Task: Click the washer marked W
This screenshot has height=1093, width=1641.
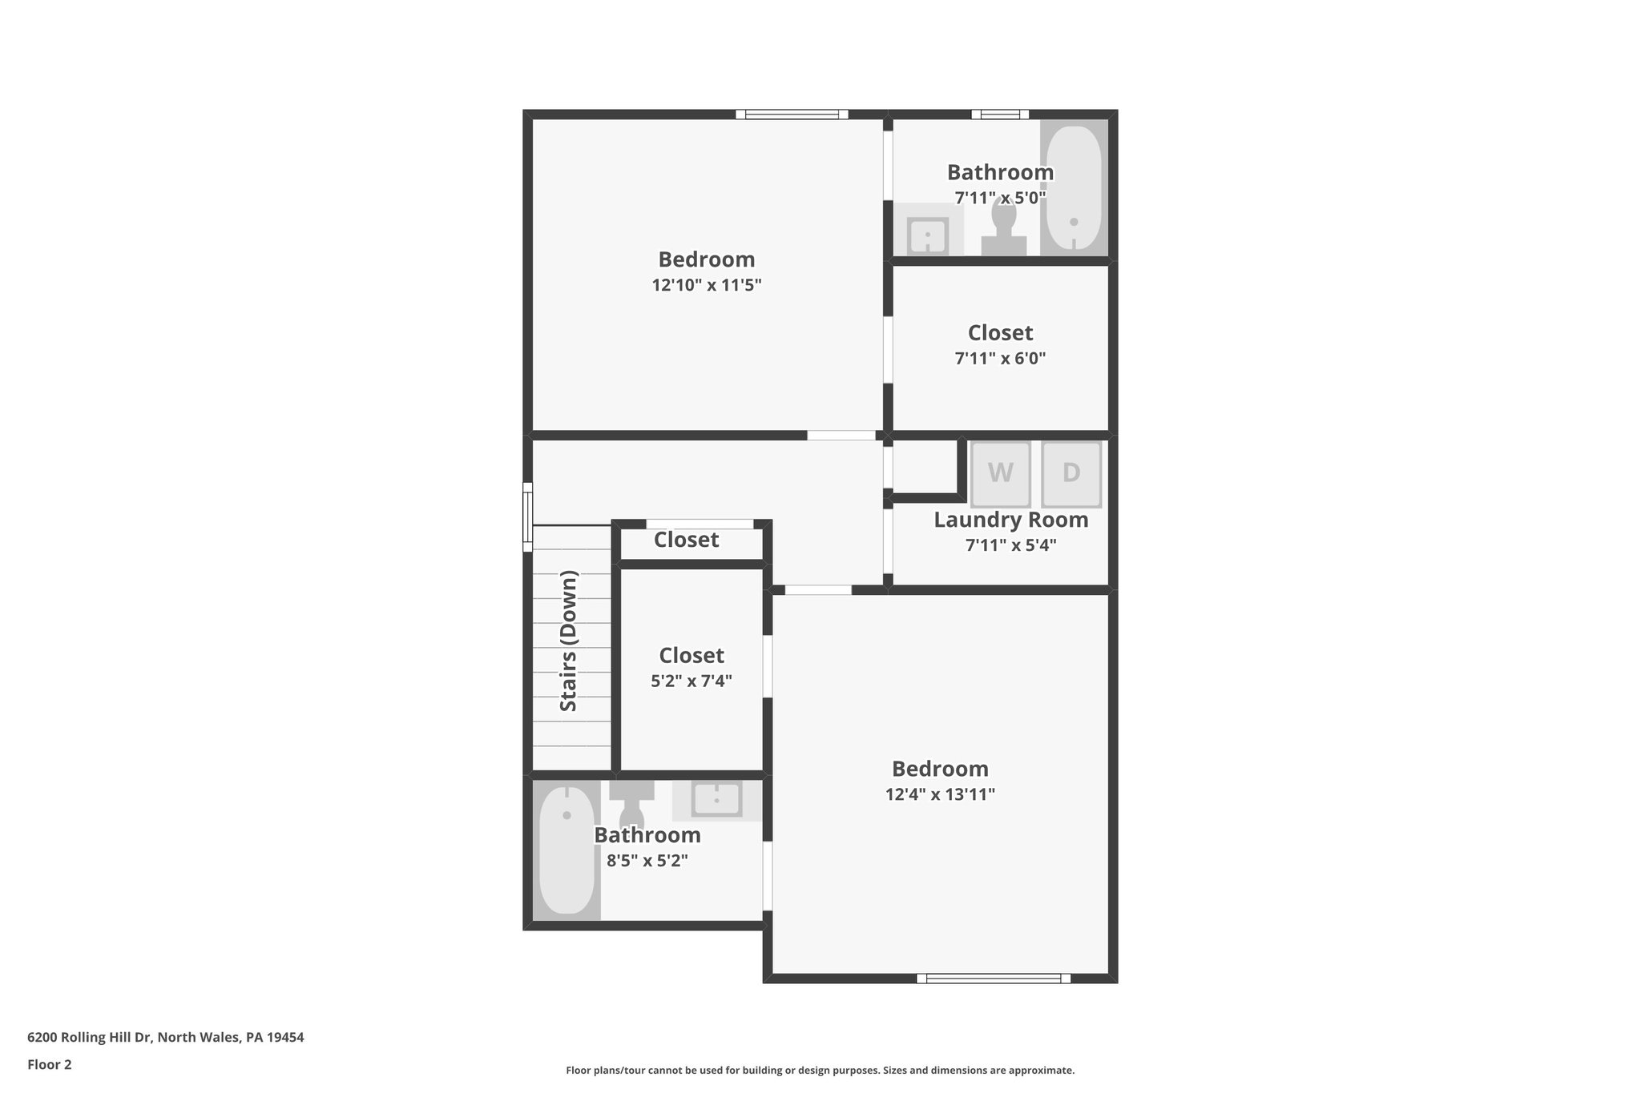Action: [1000, 473]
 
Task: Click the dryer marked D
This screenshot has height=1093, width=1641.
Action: [1071, 473]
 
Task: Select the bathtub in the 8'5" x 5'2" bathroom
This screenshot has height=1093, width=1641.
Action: [566, 850]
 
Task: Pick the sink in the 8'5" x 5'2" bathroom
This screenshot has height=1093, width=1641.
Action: [716, 798]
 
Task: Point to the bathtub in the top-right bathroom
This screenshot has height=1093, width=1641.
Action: [1074, 187]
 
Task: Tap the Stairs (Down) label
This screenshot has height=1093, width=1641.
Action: [568, 641]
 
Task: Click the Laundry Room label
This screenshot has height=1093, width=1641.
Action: [1010, 520]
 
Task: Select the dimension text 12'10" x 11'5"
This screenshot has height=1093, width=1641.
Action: [706, 285]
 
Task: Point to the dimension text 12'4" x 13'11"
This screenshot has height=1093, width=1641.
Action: [940, 794]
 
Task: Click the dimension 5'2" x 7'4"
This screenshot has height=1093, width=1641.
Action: [691, 681]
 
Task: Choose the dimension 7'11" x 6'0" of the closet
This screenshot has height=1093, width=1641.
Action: [1000, 359]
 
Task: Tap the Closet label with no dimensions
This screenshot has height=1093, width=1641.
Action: [686, 540]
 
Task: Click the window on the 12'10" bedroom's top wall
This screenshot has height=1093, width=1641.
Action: [792, 115]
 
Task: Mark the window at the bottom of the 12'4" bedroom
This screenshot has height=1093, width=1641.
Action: [994, 978]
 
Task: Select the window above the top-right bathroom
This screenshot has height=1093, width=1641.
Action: [1000, 115]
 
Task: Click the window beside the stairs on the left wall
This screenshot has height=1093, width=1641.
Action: [527, 516]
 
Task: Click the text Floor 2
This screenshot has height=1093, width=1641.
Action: [50, 1064]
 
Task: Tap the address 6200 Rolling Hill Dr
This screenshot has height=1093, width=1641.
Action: [166, 1037]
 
